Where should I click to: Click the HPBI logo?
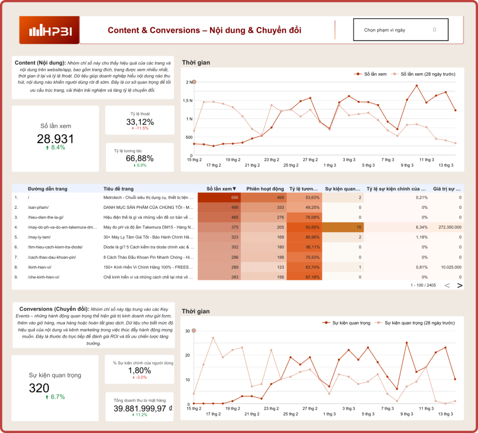49,31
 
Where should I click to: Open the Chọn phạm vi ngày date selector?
401,30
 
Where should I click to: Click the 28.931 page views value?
55,139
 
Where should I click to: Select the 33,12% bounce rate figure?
140,122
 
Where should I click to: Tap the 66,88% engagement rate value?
140,158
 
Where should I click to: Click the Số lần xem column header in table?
221,189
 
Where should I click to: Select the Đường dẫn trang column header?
48,189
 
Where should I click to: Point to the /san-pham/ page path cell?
38,207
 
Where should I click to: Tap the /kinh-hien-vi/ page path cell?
40,267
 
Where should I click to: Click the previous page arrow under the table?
447,285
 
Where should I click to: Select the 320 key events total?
39,388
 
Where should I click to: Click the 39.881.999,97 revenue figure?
140,408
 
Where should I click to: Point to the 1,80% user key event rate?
140,370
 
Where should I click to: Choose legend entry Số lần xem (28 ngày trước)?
428,74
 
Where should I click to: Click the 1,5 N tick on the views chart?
188,100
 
